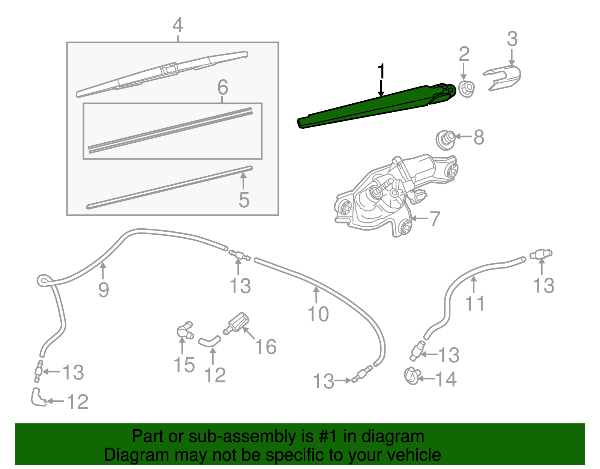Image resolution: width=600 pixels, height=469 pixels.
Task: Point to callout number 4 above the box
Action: pyautogui.click(x=178, y=25)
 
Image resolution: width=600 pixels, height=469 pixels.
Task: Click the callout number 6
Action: pyautogui.click(x=223, y=87)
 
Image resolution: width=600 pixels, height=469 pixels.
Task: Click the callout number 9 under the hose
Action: pyautogui.click(x=103, y=290)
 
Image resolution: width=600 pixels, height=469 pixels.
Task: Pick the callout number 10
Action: pyautogui.click(x=318, y=314)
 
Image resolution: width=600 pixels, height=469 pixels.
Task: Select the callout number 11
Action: pyautogui.click(x=474, y=303)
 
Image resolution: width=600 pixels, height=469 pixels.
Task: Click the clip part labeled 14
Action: pyautogui.click(x=411, y=376)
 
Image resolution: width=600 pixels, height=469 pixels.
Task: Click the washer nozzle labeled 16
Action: pyautogui.click(x=236, y=323)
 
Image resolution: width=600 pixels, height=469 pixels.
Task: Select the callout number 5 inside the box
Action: pyautogui.click(x=244, y=199)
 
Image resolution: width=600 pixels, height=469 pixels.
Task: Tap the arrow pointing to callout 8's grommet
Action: pyautogui.click(x=463, y=137)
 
